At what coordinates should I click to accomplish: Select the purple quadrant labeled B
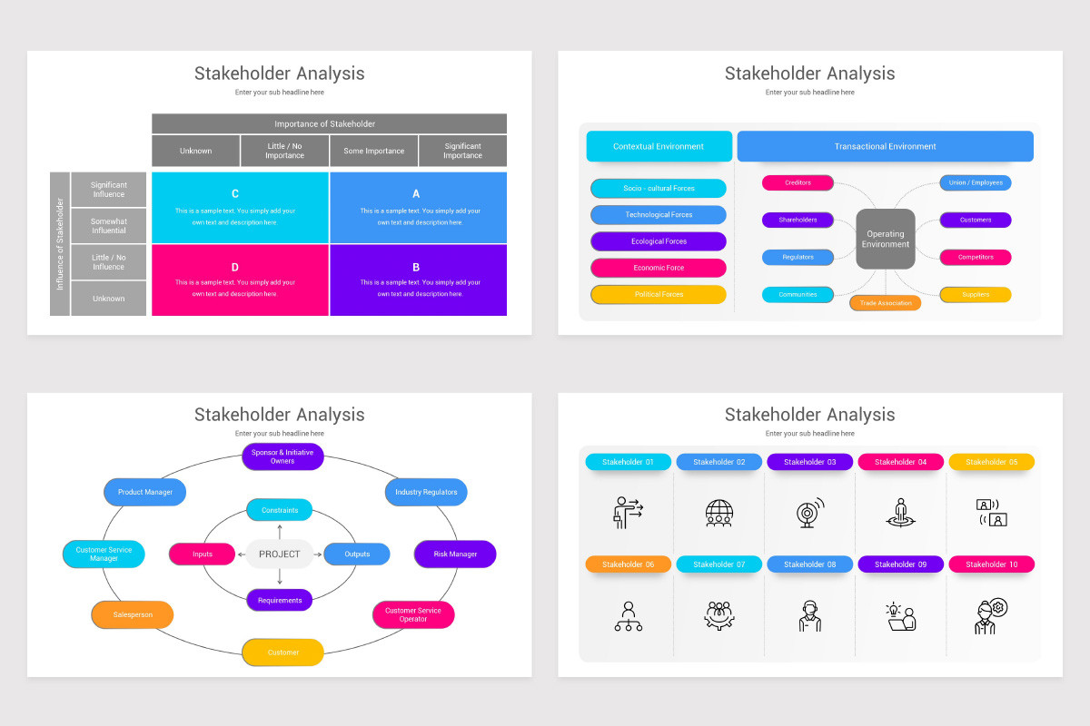click(418, 280)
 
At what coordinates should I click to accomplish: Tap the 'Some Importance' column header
click(373, 151)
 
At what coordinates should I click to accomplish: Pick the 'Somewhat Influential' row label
click(108, 226)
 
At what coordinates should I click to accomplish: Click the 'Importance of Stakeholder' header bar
click(329, 123)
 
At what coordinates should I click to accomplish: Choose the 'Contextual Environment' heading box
click(659, 146)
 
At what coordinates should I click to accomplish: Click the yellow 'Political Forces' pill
click(659, 294)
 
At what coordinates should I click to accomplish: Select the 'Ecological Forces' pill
click(659, 241)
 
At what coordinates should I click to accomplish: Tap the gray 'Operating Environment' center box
click(885, 240)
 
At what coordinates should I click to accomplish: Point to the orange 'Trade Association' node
click(885, 302)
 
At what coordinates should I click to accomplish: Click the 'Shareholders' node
click(798, 220)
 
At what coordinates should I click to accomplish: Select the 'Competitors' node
click(975, 257)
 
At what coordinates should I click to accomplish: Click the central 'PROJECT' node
click(280, 554)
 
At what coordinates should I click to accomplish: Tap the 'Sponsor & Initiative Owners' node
click(282, 456)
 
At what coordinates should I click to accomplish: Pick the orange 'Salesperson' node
click(133, 614)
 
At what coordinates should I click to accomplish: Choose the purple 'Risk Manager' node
click(455, 554)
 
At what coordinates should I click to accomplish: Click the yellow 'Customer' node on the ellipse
click(282, 652)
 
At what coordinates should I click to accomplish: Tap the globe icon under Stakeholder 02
click(718, 513)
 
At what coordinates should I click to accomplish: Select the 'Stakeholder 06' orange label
click(628, 564)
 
